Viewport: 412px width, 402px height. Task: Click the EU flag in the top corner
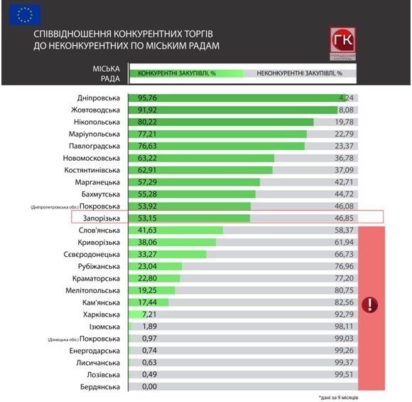pyautogui.click(x=25, y=14)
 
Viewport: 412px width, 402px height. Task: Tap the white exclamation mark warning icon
pyautogui.click(x=369, y=305)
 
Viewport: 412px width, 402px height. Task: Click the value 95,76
pyautogui.click(x=147, y=97)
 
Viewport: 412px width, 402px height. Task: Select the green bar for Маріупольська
pyautogui.click(x=217, y=134)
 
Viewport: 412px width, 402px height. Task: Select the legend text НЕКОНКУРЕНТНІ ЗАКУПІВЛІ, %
pyautogui.click(x=299, y=73)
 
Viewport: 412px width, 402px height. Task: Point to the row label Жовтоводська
pyautogui.click(x=95, y=110)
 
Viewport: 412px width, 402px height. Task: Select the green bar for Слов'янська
pyautogui.click(x=175, y=231)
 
